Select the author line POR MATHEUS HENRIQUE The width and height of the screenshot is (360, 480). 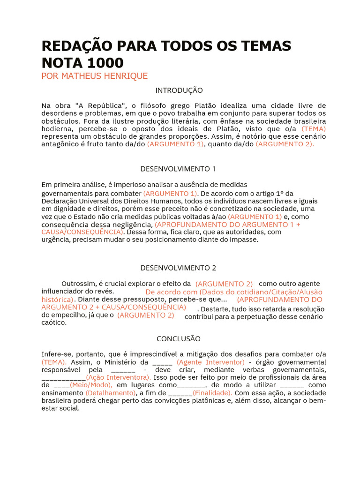click(95, 76)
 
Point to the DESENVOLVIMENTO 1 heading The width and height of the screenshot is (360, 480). click(178, 169)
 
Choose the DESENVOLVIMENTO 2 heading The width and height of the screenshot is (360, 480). click(178, 268)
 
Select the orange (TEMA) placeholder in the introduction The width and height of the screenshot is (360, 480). click(314, 128)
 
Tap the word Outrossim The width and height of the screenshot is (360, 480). click(79, 284)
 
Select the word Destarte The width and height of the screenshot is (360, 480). click(217, 309)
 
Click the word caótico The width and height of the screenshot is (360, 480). click(54, 322)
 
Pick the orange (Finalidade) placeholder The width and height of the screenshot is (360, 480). click(212, 393)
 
